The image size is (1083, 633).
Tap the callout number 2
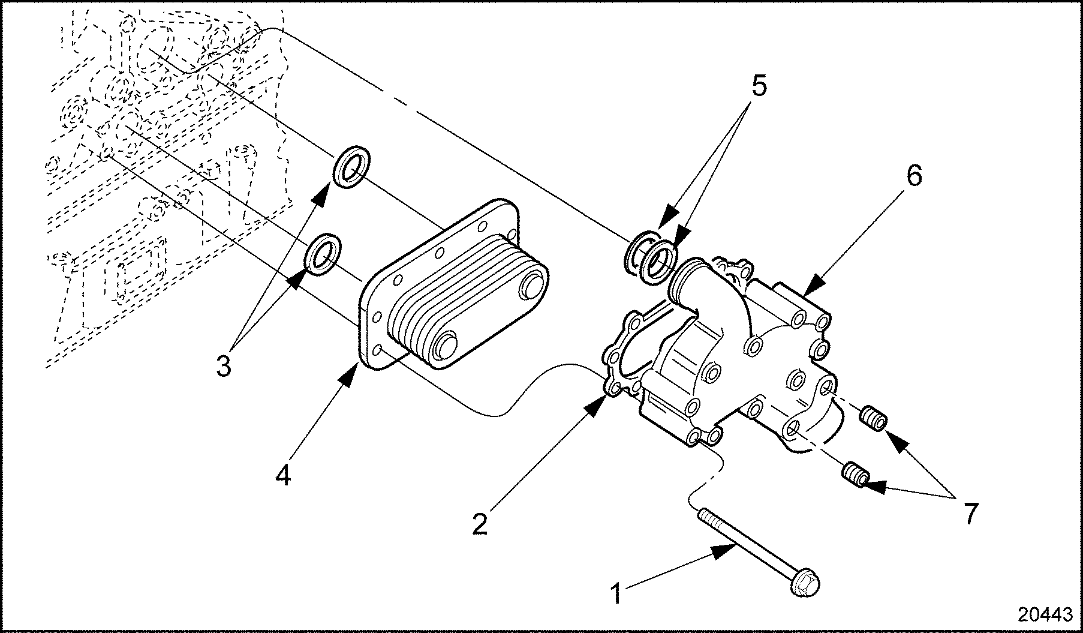pyautogui.click(x=480, y=523)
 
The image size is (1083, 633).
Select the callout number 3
pyautogui.click(x=223, y=365)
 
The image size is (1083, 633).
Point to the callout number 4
pyautogui.click(x=283, y=475)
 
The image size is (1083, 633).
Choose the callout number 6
pyautogui.click(x=914, y=175)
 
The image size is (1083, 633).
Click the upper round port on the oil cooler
pyautogui.click(x=531, y=286)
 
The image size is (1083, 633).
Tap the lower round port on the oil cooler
pyautogui.click(x=445, y=346)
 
